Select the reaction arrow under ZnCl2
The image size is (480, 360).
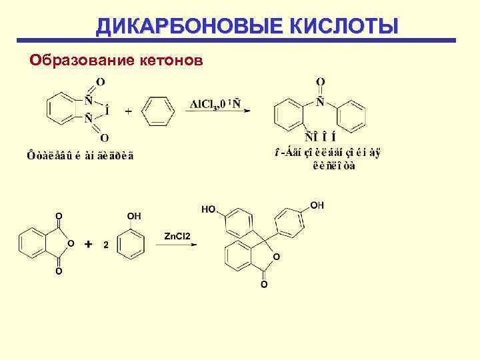point(177,245)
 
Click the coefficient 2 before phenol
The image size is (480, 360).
point(105,245)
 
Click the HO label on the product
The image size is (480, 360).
point(208,209)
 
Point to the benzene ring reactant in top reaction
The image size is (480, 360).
point(159,110)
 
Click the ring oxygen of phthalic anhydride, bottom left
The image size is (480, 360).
point(71,243)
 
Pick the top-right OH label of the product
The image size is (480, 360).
point(317,205)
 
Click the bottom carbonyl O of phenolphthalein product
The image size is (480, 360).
point(263,285)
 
